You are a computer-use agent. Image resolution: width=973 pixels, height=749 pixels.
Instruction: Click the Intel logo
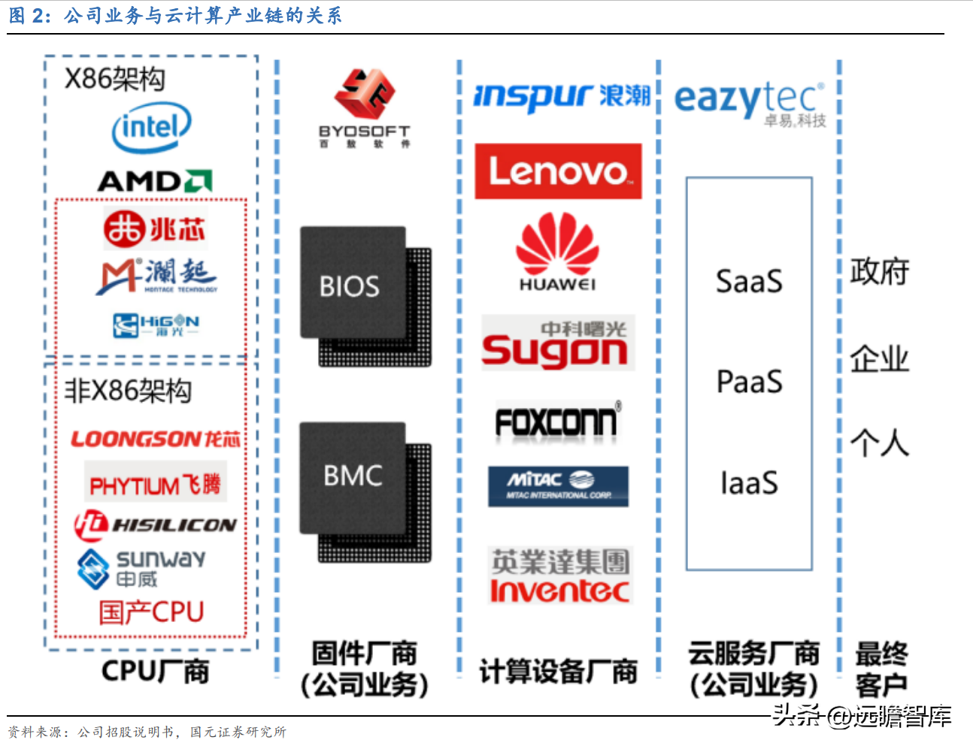point(151,128)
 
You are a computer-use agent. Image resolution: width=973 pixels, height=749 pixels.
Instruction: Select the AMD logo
point(155,181)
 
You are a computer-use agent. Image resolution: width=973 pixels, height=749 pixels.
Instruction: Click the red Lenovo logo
point(558,171)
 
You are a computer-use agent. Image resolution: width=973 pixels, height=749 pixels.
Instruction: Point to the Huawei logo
point(557,252)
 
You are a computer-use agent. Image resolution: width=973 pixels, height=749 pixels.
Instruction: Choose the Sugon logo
point(557,343)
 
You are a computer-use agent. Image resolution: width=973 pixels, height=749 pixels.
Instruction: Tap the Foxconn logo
point(557,421)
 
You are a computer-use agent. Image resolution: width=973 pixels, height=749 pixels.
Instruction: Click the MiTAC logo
point(558,485)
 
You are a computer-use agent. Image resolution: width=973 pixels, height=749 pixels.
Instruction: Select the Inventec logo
point(560,576)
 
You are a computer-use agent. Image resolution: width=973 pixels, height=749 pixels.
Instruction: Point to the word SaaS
point(749,282)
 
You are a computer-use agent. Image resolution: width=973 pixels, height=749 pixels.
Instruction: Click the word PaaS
point(749,382)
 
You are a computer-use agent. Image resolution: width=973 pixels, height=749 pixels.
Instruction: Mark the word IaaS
point(749,483)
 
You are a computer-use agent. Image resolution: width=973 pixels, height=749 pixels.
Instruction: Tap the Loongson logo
point(155,439)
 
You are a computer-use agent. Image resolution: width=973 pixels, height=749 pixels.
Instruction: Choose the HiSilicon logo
point(155,524)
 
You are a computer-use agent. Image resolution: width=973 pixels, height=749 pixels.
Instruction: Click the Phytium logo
point(155,485)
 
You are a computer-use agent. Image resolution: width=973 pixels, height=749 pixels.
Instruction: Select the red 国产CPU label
point(151,612)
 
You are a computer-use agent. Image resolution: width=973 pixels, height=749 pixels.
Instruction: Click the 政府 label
point(879,271)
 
